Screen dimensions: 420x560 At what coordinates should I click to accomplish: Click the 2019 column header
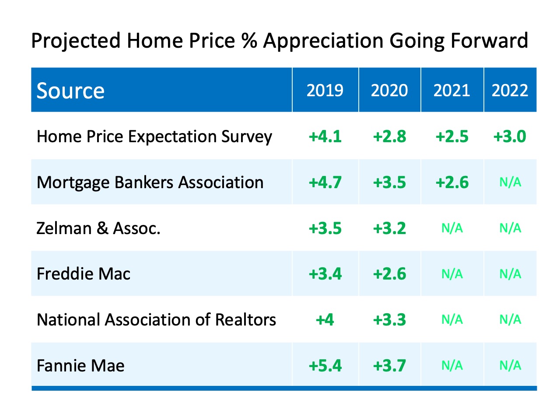325,90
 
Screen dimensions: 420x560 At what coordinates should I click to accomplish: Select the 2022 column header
510,90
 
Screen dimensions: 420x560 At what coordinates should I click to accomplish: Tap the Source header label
70,91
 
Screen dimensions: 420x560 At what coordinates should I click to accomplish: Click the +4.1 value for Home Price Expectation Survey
325,136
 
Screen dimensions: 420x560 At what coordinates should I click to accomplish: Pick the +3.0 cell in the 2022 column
510,136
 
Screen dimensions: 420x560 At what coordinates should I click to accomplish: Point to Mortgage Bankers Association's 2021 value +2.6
452,182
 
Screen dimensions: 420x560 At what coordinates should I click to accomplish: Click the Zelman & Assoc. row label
98,228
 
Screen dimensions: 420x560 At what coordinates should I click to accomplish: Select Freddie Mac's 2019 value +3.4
325,274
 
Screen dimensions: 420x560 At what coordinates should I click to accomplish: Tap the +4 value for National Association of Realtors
325,320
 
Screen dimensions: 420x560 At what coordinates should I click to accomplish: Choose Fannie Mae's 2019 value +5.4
325,365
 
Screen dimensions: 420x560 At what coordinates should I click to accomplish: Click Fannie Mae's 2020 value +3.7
389,365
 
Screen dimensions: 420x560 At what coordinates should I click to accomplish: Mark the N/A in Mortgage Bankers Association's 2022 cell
510,182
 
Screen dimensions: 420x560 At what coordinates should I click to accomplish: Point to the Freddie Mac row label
84,274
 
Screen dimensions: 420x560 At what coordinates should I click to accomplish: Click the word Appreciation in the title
323,41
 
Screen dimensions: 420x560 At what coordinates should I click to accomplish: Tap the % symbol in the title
249,41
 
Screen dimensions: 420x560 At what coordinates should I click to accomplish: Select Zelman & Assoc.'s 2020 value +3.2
389,228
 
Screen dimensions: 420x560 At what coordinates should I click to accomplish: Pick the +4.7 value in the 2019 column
325,182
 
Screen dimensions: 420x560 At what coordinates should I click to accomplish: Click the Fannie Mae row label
80,365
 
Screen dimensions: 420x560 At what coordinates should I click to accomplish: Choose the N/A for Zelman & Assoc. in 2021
452,228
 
